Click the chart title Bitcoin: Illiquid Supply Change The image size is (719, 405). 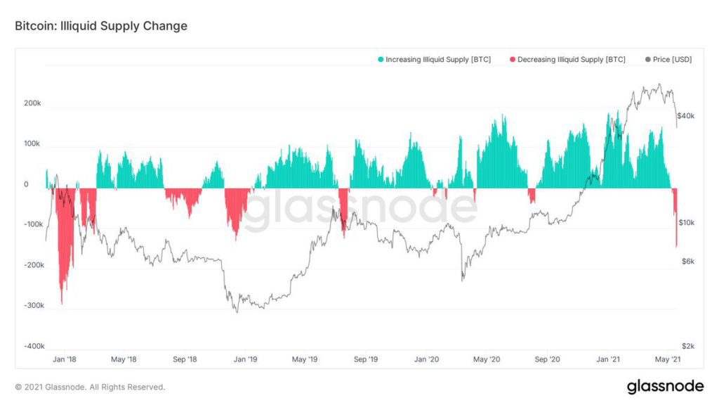click(x=101, y=27)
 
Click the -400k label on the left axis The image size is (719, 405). click(x=32, y=347)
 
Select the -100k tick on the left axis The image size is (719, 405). click(x=32, y=224)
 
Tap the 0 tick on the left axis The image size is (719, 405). click(x=26, y=185)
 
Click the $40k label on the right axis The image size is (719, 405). click(x=685, y=115)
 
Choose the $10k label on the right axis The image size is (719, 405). click(x=685, y=223)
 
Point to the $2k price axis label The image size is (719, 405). click(x=687, y=347)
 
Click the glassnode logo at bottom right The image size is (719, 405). click(x=664, y=386)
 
